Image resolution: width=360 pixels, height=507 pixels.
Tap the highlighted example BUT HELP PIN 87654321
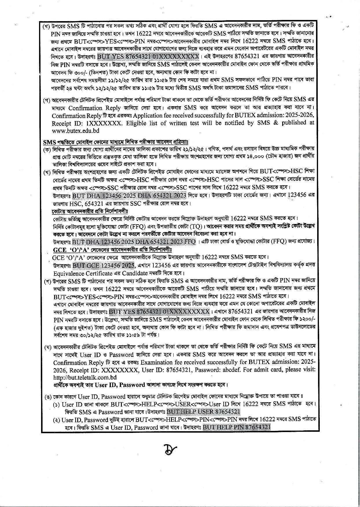coord(236,427)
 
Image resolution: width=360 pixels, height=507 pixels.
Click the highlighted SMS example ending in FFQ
coord(134,242)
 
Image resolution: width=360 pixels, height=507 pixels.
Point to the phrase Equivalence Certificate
coord(82,273)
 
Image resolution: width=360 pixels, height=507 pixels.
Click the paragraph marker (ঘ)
coord(48,347)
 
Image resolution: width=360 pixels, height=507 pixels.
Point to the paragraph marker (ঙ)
coord(48,396)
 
